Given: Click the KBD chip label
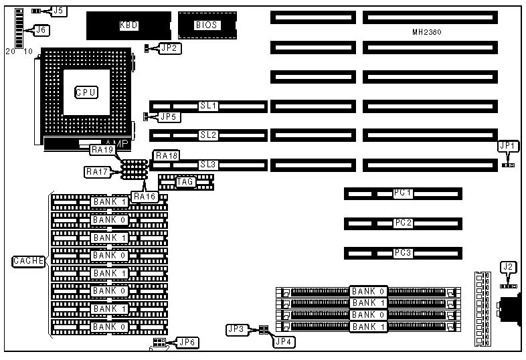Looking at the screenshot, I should pyautogui.click(x=129, y=25).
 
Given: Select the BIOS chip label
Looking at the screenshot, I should pyautogui.click(x=204, y=25).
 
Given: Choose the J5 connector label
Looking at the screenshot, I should pyautogui.click(x=58, y=11).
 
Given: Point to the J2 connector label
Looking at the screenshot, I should pyautogui.click(x=509, y=268).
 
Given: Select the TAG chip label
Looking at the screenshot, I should pyautogui.click(x=185, y=181).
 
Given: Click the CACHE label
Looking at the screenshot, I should pyautogui.click(x=28, y=261).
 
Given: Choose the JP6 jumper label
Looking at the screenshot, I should pyautogui.click(x=187, y=343).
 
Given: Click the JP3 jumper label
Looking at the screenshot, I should pyautogui.click(x=236, y=329).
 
